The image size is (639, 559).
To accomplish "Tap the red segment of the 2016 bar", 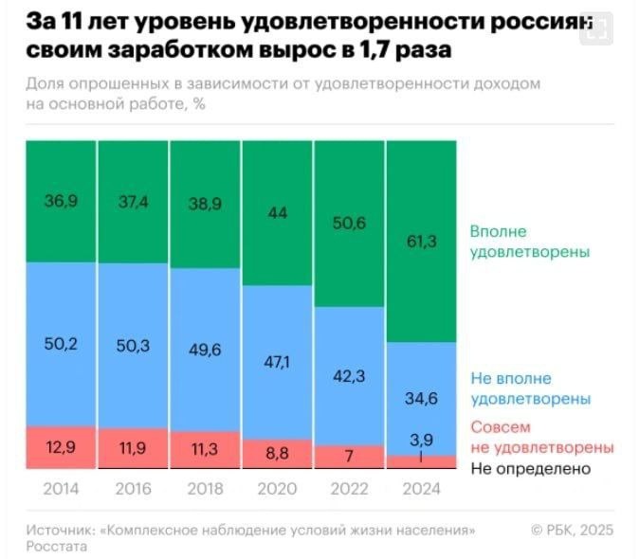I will [x=133, y=447].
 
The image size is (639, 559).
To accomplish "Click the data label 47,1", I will [x=277, y=361].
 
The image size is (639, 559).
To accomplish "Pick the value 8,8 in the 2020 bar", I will [x=277, y=453].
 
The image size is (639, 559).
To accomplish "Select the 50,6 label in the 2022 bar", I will [x=349, y=224].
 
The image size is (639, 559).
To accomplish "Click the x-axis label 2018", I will [x=205, y=490].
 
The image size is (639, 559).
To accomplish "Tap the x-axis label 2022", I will [x=349, y=490].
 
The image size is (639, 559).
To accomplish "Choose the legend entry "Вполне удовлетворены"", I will [x=530, y=243].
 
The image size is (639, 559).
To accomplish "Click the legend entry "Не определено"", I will [x=530, y=468].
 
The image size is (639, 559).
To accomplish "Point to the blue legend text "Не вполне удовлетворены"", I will [x=530, y=388].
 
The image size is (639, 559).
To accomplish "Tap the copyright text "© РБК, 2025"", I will [x=572, y=528].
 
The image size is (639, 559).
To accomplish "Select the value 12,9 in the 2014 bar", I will [x=61, y=447].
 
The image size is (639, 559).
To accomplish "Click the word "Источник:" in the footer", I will [x=60, y=528].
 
